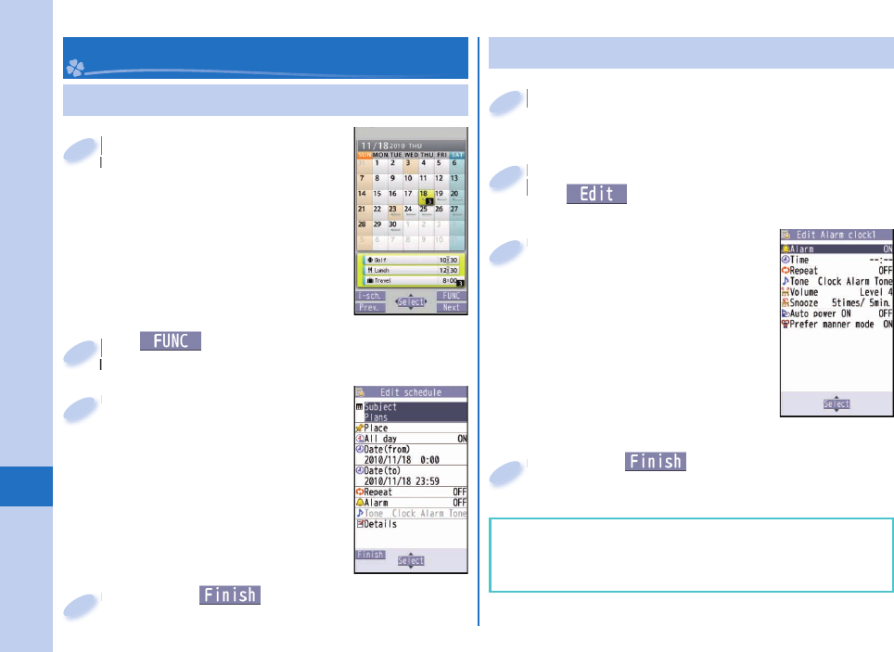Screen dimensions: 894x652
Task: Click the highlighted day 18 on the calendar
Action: (426, 195)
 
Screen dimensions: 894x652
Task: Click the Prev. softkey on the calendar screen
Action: (371, 307)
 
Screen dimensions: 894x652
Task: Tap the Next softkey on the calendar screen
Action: (451, 307)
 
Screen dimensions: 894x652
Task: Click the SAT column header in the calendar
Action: (458, 154)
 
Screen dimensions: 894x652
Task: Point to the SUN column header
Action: (364, 154)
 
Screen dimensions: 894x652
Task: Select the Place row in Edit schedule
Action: (411, 428)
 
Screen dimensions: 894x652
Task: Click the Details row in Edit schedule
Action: (411, 524)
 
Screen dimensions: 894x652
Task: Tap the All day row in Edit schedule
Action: (411, 439)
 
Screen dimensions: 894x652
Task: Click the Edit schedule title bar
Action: (411, 392)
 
